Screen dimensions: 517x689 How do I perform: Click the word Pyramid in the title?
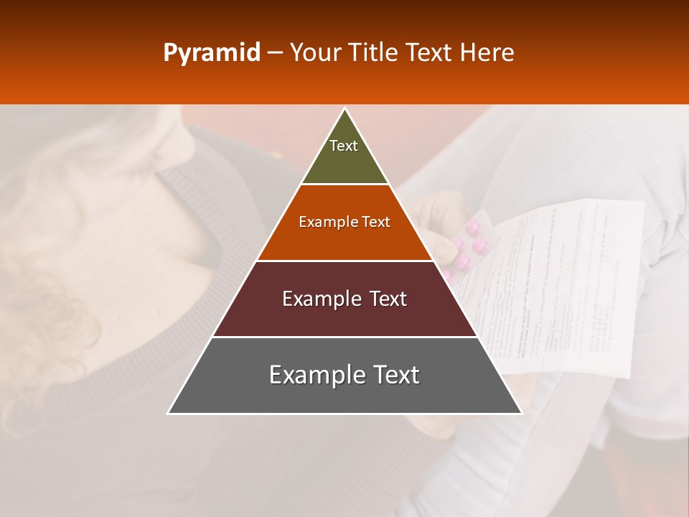(211, 53)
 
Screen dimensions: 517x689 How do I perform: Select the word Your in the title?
(314, 52)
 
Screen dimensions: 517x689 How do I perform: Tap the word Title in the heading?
(372, 52)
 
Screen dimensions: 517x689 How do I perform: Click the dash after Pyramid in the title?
(274, 53)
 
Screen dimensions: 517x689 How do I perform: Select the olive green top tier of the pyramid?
(344, 162)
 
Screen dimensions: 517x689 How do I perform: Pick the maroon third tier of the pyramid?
(344, 316)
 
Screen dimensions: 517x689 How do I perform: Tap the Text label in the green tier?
(344, 146)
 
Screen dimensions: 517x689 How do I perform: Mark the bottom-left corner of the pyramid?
(169, 413)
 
